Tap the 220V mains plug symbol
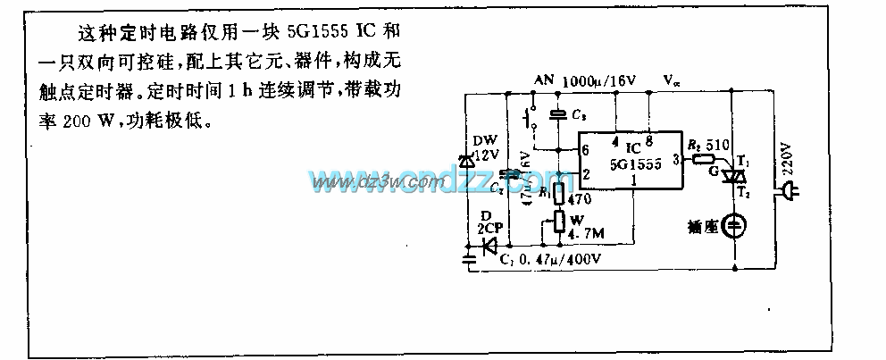(789, 189)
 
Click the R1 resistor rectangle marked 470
(559, 193)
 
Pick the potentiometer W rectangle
(559, 221)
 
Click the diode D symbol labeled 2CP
(489, 247)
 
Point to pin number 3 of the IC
(676, 159)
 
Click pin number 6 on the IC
(585, 148)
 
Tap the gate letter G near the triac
(712, 170)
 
